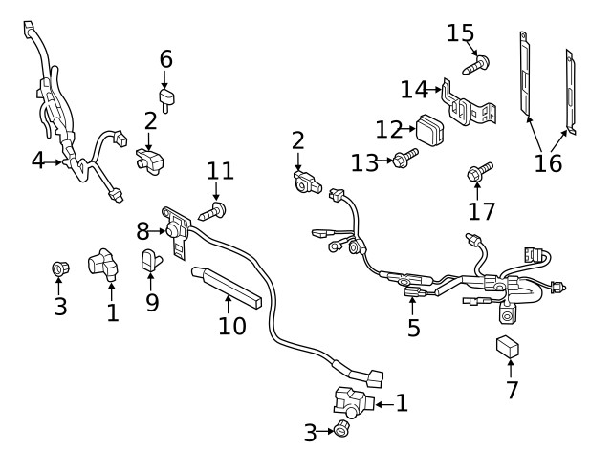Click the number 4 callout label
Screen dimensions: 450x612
click(x=37, y=161)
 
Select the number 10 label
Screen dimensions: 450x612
click(x=232, y=326)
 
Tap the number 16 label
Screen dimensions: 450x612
click(x=548, y=162)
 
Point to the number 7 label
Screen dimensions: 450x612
click(x=512, y=390)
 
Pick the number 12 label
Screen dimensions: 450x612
click(x=389, y=129)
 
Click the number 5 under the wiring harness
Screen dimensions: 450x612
click(x=413, y=329)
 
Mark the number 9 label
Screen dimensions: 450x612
click(x=152, y=304)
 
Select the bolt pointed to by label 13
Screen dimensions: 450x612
click(x=405, y=158)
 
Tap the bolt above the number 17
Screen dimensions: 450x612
click(x=477, y=173)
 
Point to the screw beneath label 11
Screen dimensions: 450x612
click(x=216, y=209)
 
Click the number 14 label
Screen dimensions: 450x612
click(x=414, y=90)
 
